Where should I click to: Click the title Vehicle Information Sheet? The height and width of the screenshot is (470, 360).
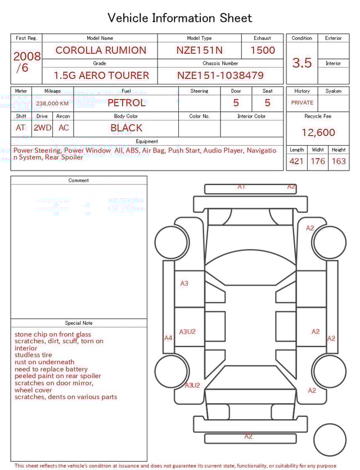180,18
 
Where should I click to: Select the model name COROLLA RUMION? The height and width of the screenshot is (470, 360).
101,50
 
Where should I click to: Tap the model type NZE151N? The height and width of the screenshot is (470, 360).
200,50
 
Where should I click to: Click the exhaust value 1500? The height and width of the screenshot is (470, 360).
263,50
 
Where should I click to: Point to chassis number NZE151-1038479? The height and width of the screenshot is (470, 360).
220,75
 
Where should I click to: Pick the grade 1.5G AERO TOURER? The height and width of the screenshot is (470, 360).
101,75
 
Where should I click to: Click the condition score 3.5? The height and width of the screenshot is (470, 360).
302,63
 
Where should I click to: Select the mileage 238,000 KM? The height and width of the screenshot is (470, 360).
52,104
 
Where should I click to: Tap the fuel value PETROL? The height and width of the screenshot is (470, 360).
126,103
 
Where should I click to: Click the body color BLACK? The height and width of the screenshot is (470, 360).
127,128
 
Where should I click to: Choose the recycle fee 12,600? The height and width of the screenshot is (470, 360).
318,133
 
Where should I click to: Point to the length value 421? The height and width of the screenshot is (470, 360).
296,162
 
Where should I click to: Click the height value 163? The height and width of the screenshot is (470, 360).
339,162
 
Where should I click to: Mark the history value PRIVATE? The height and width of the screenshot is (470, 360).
302,103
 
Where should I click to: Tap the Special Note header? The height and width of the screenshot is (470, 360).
79,323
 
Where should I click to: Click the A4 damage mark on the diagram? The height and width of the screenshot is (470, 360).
168,338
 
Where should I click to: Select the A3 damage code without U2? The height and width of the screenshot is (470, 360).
184,284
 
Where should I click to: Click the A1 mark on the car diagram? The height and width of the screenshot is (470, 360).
241,186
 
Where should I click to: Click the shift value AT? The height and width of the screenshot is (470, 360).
21,128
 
